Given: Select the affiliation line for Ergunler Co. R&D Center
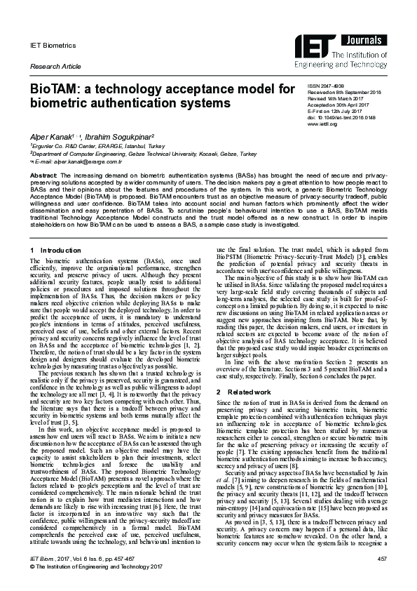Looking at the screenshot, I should [x=95, y=146].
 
